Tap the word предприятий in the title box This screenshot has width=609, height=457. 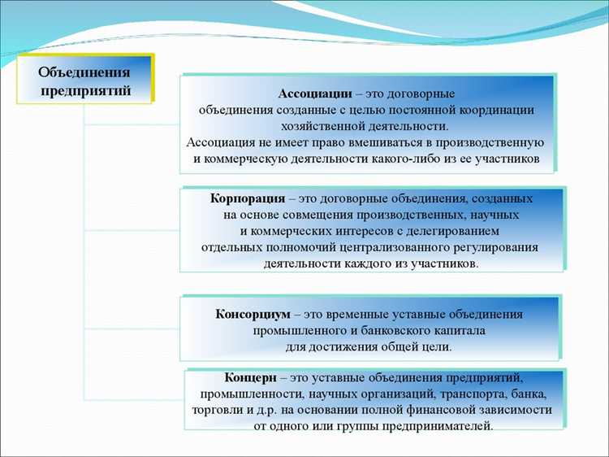click(85, 89)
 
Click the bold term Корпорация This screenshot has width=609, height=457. click(247, 198)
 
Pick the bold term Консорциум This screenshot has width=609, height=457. click(253, 314)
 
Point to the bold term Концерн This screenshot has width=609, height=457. click(251, 378)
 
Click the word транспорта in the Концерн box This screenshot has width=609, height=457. click(476, 394)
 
